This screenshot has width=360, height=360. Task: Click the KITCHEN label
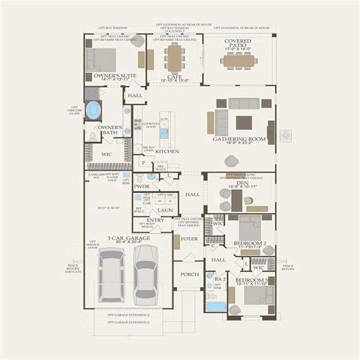tap(167, 151)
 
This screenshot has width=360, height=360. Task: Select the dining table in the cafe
tap(173, 56)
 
